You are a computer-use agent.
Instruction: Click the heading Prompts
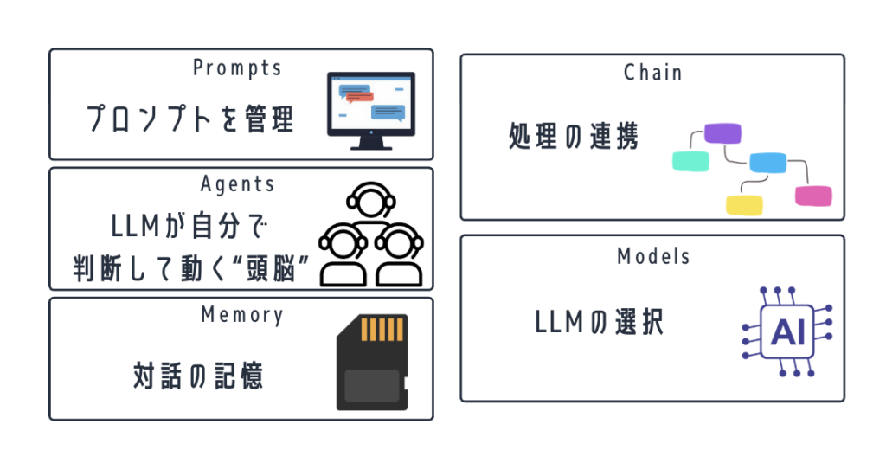coord(237,68)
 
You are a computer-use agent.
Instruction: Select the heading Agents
coord(237,184)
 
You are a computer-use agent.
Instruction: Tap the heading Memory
coord(241,315)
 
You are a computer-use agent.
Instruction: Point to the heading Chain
coord(652,73)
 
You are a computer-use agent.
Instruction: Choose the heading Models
coord(653,256)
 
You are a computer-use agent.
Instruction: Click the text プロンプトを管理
coord(190,119)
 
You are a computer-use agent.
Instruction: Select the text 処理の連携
coord(574,138)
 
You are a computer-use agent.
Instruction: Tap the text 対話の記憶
coord(198,376)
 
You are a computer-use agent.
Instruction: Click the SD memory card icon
coord(372,362)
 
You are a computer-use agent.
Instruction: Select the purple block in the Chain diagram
coord(722,133)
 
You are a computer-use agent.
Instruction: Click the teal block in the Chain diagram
coord(690,160)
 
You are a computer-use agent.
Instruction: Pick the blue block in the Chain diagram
coord(767,162)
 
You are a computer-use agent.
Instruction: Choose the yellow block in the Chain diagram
coord(743,205)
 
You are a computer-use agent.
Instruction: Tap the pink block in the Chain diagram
coord(813,196)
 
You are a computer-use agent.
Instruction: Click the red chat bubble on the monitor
coord(359,97)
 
